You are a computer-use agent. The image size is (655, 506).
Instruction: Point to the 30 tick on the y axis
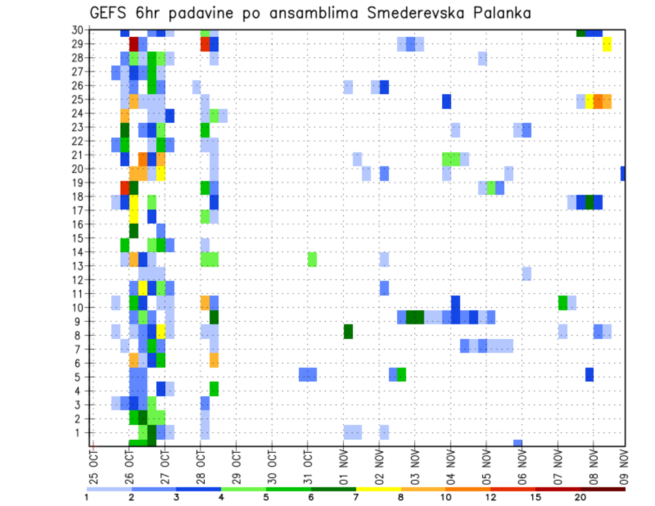point(78,29)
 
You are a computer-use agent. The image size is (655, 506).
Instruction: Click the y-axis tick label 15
point(78,238)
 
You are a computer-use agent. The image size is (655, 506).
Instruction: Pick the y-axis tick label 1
point(81,432)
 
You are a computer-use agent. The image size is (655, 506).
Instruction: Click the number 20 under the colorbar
point(581,497)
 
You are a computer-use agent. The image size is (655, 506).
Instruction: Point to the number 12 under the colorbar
point(492,497)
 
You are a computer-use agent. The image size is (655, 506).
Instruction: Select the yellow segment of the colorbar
point(378,489)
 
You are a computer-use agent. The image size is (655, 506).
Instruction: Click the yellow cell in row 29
point(607,44)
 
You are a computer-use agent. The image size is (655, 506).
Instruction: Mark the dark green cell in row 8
point(348,331)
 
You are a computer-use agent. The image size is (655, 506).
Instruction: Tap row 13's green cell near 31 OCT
point(312,259)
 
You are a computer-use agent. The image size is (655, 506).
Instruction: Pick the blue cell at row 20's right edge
point(624,174)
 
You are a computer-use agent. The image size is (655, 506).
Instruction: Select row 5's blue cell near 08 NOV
point(589,374)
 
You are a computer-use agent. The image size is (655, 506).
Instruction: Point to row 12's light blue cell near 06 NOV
point(526,273)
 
